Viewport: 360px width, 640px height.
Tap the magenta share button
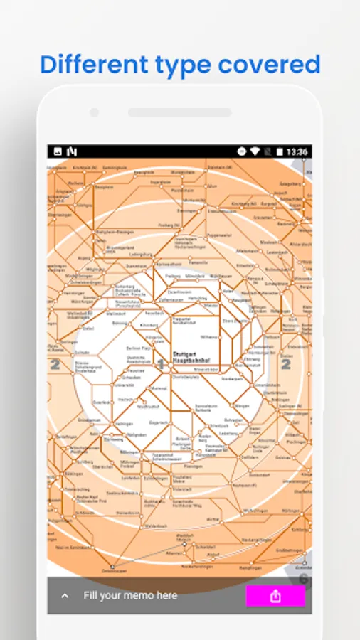(275, 596)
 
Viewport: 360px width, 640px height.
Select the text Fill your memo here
(130, 595)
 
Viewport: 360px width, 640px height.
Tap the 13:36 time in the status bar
(297, 152)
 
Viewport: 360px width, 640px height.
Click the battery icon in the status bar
(280, 152)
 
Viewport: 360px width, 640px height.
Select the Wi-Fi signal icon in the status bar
(255, 152)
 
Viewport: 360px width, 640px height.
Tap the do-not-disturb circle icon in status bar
(241, 152)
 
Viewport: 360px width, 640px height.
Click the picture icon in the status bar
(58, 152)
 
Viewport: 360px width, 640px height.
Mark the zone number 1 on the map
(161, 364)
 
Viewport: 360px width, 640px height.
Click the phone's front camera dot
(94, 112)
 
